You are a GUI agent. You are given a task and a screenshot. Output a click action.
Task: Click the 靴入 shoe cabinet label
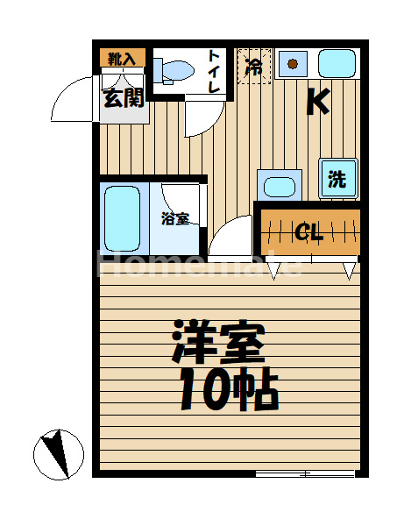122,59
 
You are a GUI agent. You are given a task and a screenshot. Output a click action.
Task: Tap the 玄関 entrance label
124,98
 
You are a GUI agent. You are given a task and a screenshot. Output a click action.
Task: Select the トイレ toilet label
214,71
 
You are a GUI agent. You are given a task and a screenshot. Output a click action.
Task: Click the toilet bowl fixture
174,71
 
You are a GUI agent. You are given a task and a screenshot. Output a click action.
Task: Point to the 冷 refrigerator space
254,66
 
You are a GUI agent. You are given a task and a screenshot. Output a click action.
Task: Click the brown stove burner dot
293,63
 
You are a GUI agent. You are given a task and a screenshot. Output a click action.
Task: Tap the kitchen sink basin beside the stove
337,63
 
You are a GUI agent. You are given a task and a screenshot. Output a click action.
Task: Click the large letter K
318,102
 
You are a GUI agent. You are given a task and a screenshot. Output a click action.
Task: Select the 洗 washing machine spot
338,178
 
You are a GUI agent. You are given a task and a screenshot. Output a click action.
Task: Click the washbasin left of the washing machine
280,186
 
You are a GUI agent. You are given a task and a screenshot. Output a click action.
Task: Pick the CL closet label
309,231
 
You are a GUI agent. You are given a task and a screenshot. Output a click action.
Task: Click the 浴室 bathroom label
175,218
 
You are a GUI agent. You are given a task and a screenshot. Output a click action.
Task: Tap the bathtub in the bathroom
122,218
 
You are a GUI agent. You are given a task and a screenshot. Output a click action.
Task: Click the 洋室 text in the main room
218,342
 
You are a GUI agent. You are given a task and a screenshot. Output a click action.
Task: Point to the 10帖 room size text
230,389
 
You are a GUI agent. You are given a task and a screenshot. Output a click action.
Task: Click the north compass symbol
59,454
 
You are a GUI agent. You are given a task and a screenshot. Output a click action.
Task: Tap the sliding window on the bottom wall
305,473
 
